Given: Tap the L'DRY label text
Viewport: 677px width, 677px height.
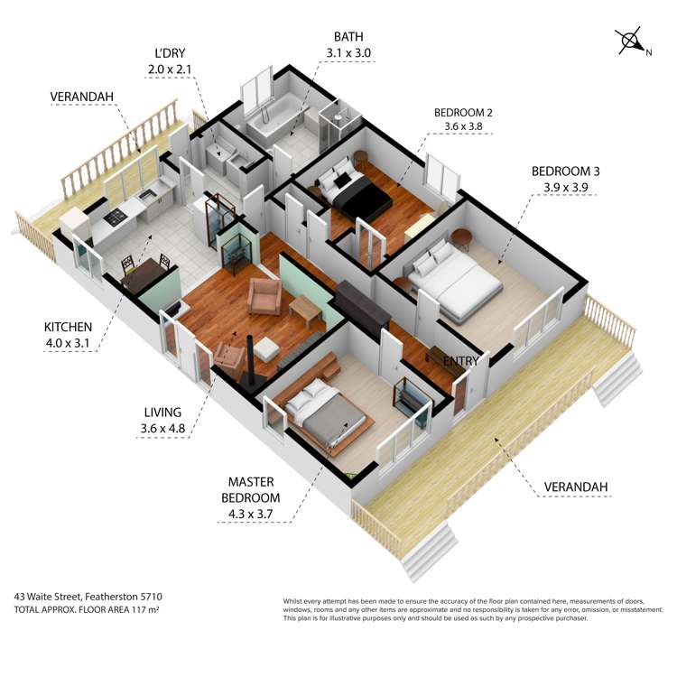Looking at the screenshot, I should tap(170, 52).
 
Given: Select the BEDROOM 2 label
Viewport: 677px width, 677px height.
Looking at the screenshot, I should tap(463, 112).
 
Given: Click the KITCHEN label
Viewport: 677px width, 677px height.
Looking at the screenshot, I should tap(69, 326).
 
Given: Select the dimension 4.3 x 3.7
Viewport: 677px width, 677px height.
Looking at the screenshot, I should tap(251, 515).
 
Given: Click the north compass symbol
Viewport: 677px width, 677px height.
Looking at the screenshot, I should tap(631, 42).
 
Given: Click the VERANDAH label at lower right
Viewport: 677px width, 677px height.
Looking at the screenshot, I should tap(576, 487).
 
